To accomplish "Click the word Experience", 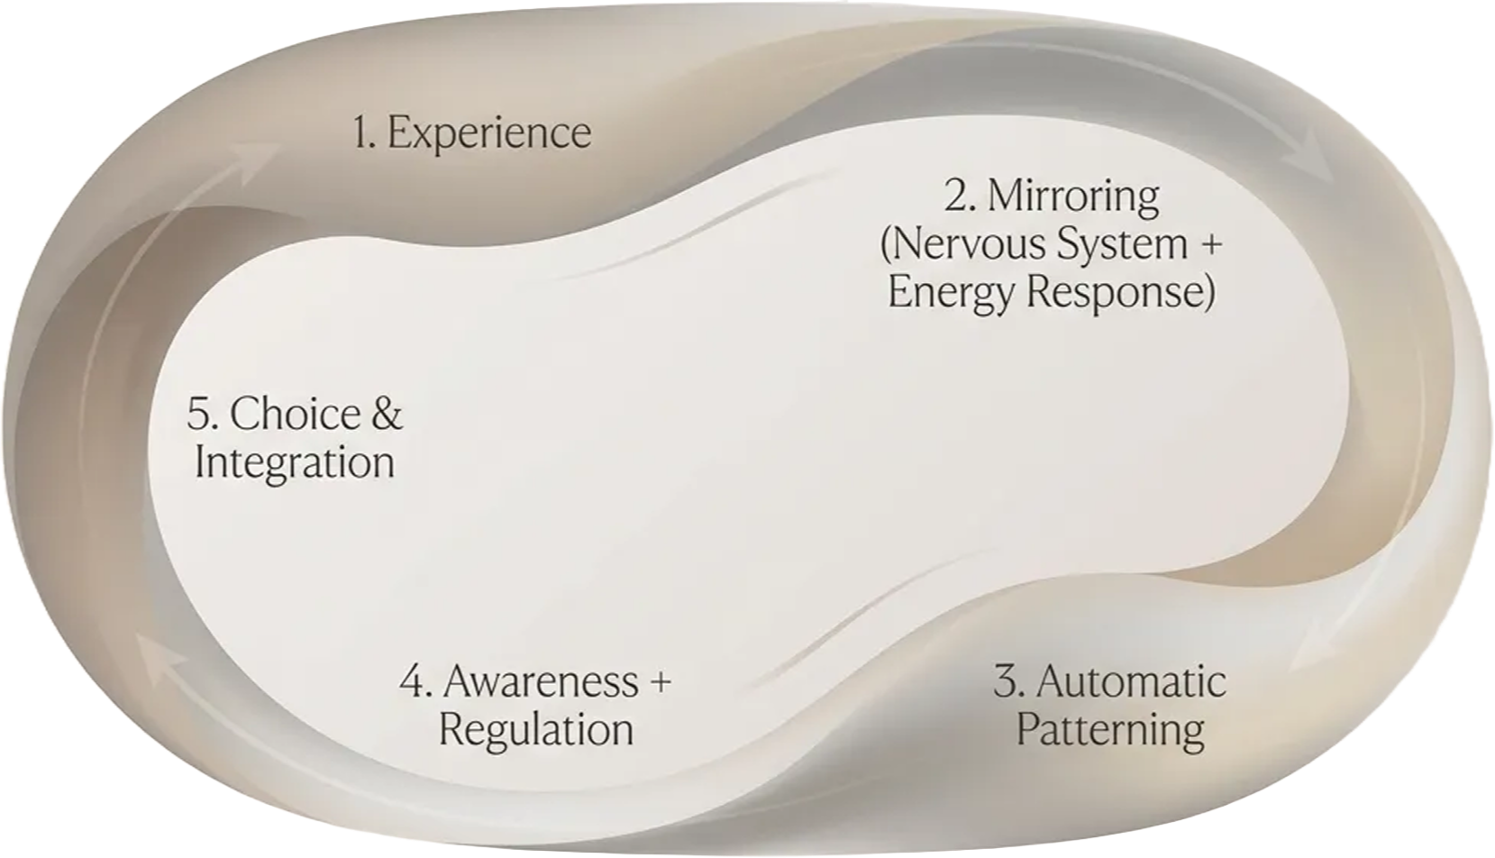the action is [489, 133].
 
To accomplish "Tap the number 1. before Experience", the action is [364, 132].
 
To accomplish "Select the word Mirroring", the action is [1073, 196].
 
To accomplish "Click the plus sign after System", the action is [1211, 244].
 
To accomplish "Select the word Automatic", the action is [1131, 682].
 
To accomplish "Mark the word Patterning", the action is [1110, 730].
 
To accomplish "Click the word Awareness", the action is [540, 681].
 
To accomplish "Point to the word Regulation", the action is [536, 730].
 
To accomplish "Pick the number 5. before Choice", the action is [202, 415].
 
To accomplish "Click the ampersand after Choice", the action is [387, 415].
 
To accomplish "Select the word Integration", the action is [295, 463].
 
